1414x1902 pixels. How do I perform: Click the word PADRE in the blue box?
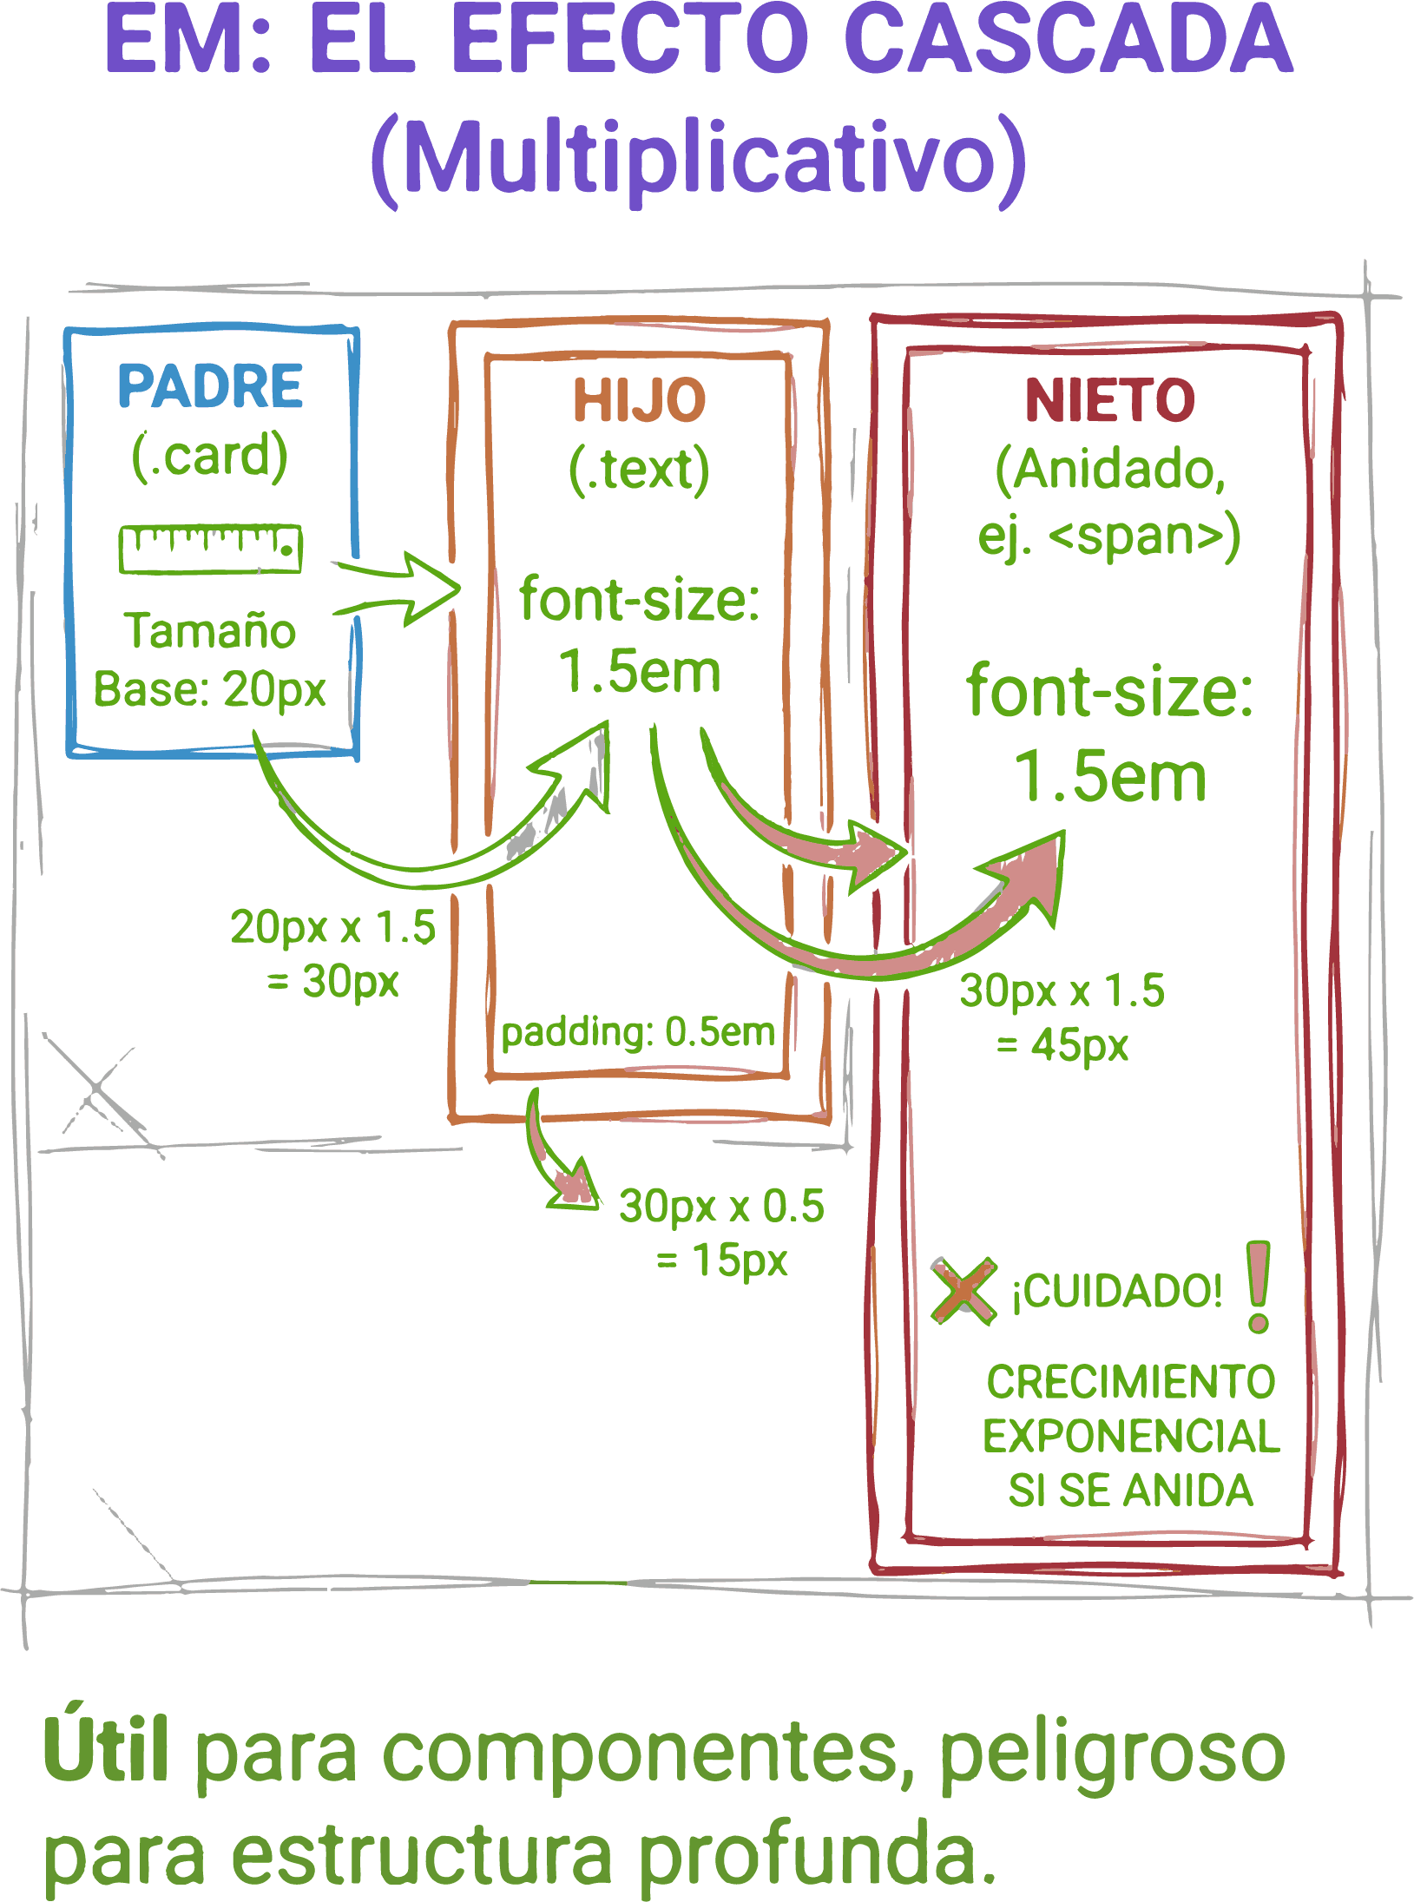[x=210, y=386]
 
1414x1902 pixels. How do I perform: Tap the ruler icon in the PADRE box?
[x=210, y=549]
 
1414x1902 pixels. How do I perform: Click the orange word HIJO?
[x=639, y=400]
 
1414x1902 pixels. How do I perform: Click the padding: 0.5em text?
[x=638, y=1033]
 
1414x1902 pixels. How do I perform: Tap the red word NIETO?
[x=1109, y=400]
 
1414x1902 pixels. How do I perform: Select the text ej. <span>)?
[x=1109, y=536]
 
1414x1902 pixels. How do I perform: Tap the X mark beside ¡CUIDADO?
[x=963, y=1291]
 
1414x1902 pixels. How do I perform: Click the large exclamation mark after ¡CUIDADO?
[x=1258, y=1286]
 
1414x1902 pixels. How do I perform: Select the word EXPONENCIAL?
[x=1131, y=1437]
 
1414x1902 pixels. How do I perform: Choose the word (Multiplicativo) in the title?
[x=700, y=161]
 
